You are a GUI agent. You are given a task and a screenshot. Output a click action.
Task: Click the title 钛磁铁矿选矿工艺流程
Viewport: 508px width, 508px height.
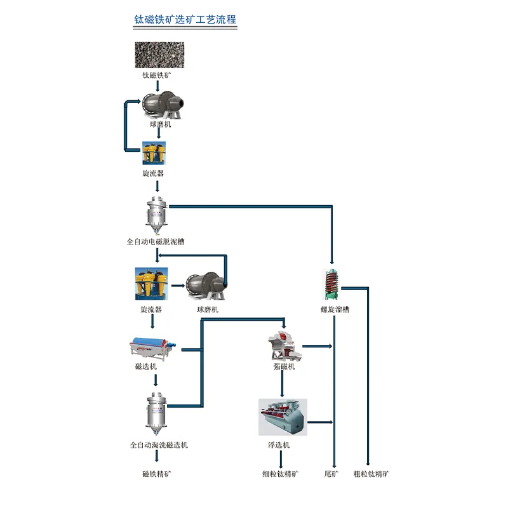click(x=185, y=20)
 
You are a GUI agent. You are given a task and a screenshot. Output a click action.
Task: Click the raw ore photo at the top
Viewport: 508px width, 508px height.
click(x=159, y=55)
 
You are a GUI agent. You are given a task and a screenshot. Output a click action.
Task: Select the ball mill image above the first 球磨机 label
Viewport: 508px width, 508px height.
click(x=163, y=103)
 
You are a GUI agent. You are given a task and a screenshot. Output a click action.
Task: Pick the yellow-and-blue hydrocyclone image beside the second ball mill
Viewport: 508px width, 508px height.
click(x=151, y=284)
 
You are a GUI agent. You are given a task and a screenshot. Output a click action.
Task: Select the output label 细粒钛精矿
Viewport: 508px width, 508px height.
click(x=281, y=474)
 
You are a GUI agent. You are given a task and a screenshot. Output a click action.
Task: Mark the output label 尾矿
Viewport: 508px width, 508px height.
click(x=331, y=474)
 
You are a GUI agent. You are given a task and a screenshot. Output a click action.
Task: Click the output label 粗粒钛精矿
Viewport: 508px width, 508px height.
click(x=371, y=474)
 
